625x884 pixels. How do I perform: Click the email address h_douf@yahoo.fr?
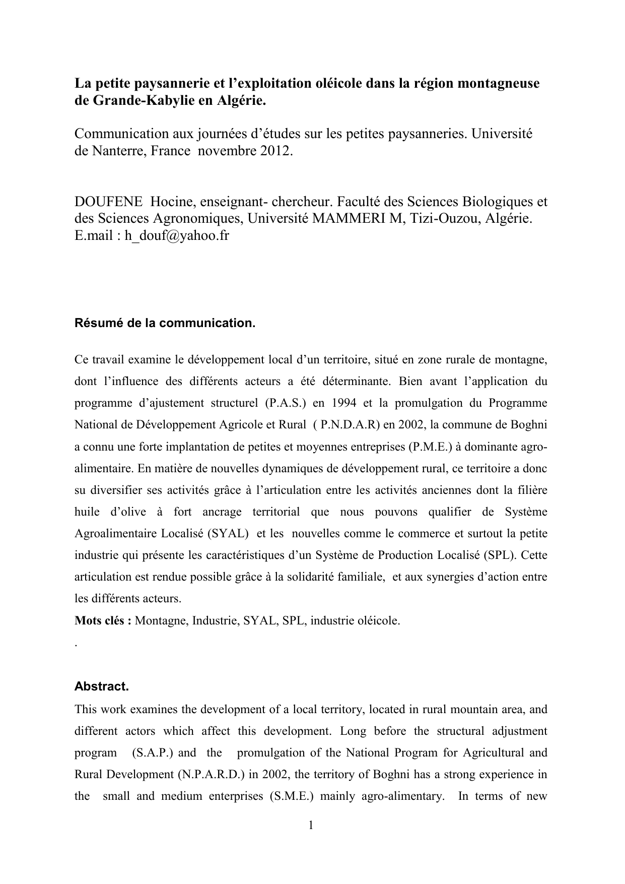(177, 235)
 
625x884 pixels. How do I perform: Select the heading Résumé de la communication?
(165, 323)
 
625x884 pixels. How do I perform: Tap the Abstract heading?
(102, 686)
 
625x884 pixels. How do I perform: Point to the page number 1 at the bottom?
(311, 825)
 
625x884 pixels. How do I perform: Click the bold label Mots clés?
(103, 620)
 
